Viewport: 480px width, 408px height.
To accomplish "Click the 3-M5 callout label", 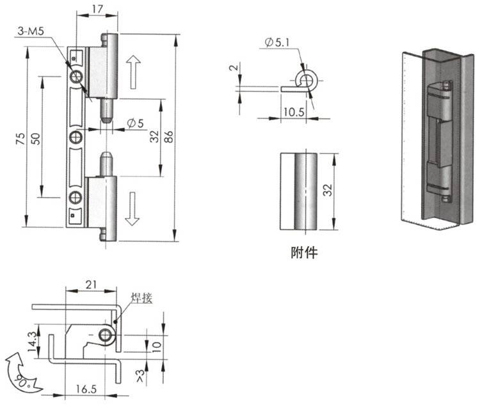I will [x=33, y=29].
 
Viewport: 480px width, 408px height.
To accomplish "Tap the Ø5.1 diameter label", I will [x=276, y=43].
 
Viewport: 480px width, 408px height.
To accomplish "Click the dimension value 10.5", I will [x=292, y=113].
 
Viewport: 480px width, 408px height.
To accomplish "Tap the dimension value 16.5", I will [x=83, y=388].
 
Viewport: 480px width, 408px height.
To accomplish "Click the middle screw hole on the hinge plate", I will [x=77, y=137].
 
